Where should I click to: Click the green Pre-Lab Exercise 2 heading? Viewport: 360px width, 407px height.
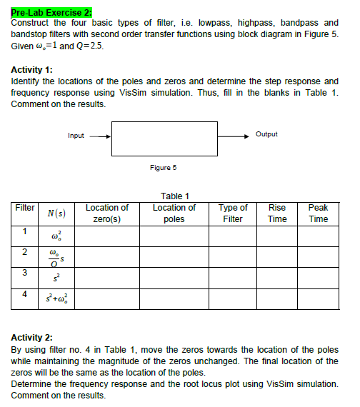click(51, 13)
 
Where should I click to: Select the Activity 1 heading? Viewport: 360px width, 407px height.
click(31, 70)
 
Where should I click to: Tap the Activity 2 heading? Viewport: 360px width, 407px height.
click(31, 337)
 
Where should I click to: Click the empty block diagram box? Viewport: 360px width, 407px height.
click(164, 139)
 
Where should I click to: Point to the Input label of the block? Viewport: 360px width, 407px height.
click(76, 135)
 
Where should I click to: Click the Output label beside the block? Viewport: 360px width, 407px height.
click(266, 134)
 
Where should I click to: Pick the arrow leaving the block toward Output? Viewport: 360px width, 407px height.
click(234, 135)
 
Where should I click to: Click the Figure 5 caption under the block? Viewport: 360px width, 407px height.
click(163, 168)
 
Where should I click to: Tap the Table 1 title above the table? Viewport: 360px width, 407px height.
click(175, 196)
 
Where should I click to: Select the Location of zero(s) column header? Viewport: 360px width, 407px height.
click(106, 213)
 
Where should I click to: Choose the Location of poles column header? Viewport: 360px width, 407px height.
click(174, 213)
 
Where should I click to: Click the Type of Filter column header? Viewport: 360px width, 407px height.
click(233, 213)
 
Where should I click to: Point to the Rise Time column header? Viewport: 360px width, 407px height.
click(277, 213)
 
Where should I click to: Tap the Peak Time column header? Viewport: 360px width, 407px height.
click(318, 213)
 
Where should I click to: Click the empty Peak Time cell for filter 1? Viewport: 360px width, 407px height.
click(318, 236)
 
